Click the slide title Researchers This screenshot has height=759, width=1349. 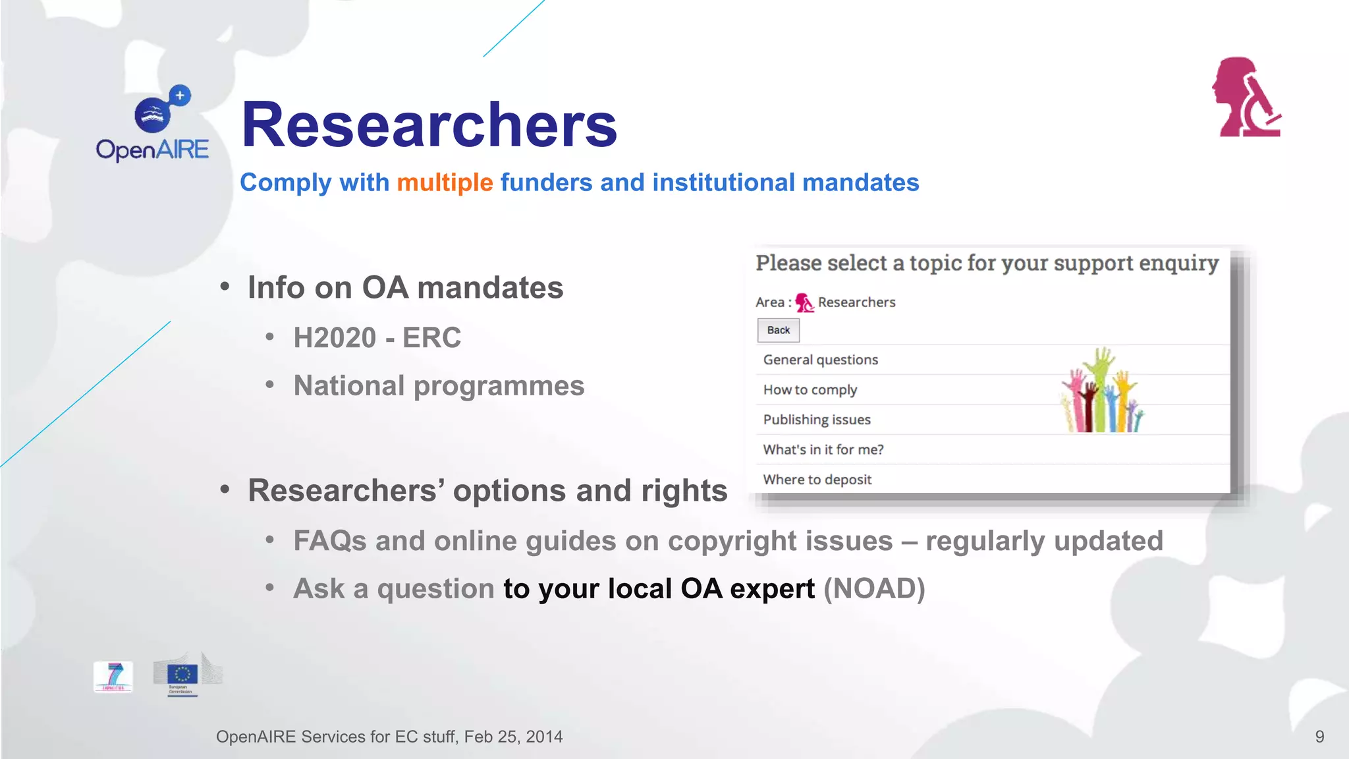click(x=429, y=125)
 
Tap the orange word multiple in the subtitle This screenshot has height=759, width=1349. click(x=445, y=183)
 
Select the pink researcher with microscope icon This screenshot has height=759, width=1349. click(x=1246, y=98)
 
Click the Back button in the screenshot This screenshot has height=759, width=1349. click(x=778, y=330)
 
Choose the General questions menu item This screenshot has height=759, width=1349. click(x=821, y=360)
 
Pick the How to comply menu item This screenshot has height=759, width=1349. click(x=810, y=390)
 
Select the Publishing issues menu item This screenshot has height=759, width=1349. click(x=817, y=420)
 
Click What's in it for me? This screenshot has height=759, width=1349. click(x=823, y=449)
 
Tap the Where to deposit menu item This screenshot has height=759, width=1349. click(x=817, y=480)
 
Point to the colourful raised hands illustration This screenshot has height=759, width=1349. click(x=1102, y=392)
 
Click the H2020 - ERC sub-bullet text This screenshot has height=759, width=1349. click(x=377, y=338)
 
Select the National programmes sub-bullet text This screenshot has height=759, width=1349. click(x=439, y=386)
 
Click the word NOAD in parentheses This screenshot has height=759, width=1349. click(x=874, y=589)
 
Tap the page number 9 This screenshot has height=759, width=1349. click(x=1319, y=737)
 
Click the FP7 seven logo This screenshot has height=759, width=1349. click(x=113, y=677)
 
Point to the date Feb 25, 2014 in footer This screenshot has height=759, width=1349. click(x=513, y=737)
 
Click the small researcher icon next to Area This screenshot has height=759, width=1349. click(x=804, y=302)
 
